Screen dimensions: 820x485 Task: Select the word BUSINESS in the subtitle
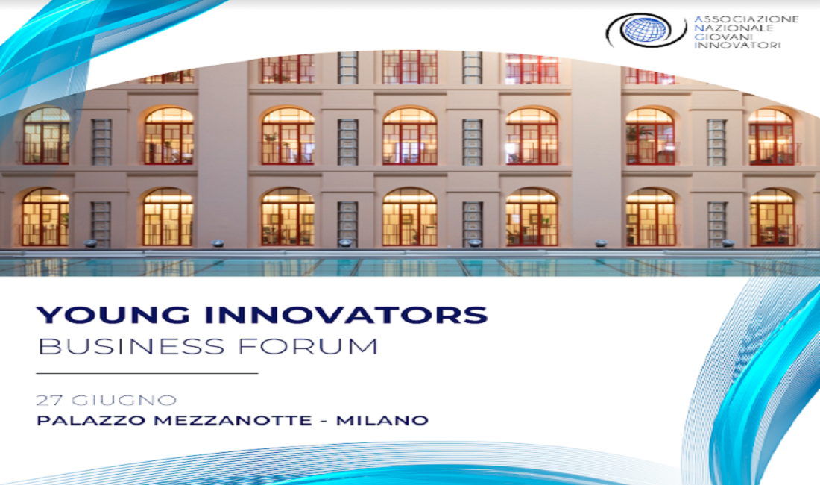click(131, 347)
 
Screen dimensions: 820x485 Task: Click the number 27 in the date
click(50, 401)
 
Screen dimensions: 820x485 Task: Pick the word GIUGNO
click(124, 401)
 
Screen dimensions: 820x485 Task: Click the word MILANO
click(382, 420)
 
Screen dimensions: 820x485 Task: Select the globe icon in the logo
click(646, 31)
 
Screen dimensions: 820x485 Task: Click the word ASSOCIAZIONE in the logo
click(746, 19)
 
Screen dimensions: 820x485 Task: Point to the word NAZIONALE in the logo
click(734, 28)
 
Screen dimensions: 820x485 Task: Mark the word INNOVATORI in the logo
click(737, 45)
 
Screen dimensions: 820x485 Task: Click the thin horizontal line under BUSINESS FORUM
click(147, 374)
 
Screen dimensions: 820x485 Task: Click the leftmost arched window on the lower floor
click(45, 217)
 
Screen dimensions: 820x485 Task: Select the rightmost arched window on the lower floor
click(772, 217)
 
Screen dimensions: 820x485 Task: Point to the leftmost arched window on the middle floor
click(46, 136)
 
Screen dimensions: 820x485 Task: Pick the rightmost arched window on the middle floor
click(772, 137)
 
